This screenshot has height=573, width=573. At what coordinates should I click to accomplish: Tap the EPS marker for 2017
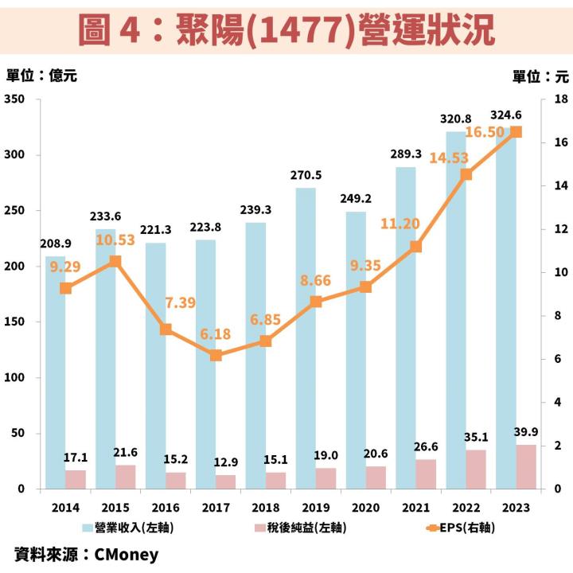coord(216,355)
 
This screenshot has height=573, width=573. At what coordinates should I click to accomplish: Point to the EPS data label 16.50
coord(485,132)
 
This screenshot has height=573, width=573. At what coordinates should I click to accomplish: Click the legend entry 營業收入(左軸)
coord(127,526)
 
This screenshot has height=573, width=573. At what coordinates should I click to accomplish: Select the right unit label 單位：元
coord(541,76)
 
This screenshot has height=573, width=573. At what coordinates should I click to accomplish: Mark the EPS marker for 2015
coord(115,261)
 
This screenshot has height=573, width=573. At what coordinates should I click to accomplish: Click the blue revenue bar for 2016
coord(155,366)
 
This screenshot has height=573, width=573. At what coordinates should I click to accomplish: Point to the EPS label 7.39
coord(180,303)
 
